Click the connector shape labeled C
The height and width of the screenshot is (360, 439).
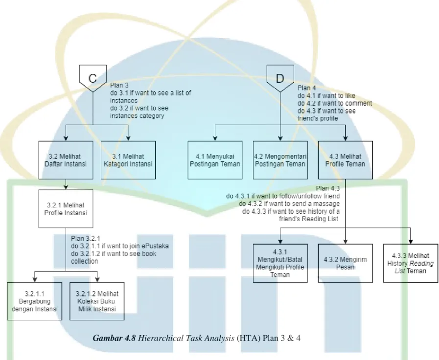[x=93, y=78]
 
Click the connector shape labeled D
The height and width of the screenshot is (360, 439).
[x=280, y=78]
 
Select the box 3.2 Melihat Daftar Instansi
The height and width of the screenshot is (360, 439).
[x=66, y=160]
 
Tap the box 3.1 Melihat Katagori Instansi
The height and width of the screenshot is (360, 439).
[x=128, y=160]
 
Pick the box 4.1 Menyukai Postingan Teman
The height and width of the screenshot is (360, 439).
[x=215, y=160]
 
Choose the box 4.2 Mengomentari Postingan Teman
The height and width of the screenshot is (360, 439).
[x=280, y=160]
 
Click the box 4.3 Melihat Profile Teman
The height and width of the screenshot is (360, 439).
[x=346, y=160]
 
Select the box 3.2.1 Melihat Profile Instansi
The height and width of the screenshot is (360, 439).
[x=66, y=209]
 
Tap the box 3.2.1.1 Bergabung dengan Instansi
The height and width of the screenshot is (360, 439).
[x=35, y=301]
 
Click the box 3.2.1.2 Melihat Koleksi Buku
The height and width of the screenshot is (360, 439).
[x=97, y=301]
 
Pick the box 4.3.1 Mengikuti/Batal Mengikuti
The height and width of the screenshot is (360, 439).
[x=280, y=263]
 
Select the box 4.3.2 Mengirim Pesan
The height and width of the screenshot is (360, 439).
[x=346, y=263]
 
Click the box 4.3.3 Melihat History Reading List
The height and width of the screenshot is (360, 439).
[x=411, y=263]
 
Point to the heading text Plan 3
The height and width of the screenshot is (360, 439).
[x=119, y=85]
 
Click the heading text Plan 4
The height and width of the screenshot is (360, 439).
[x=307, y=88]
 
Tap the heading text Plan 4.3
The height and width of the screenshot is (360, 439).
[x=328, y=188]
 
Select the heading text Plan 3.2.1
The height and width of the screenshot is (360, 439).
[x=85, y=238]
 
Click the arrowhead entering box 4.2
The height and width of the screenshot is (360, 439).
[x=280, y=138]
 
